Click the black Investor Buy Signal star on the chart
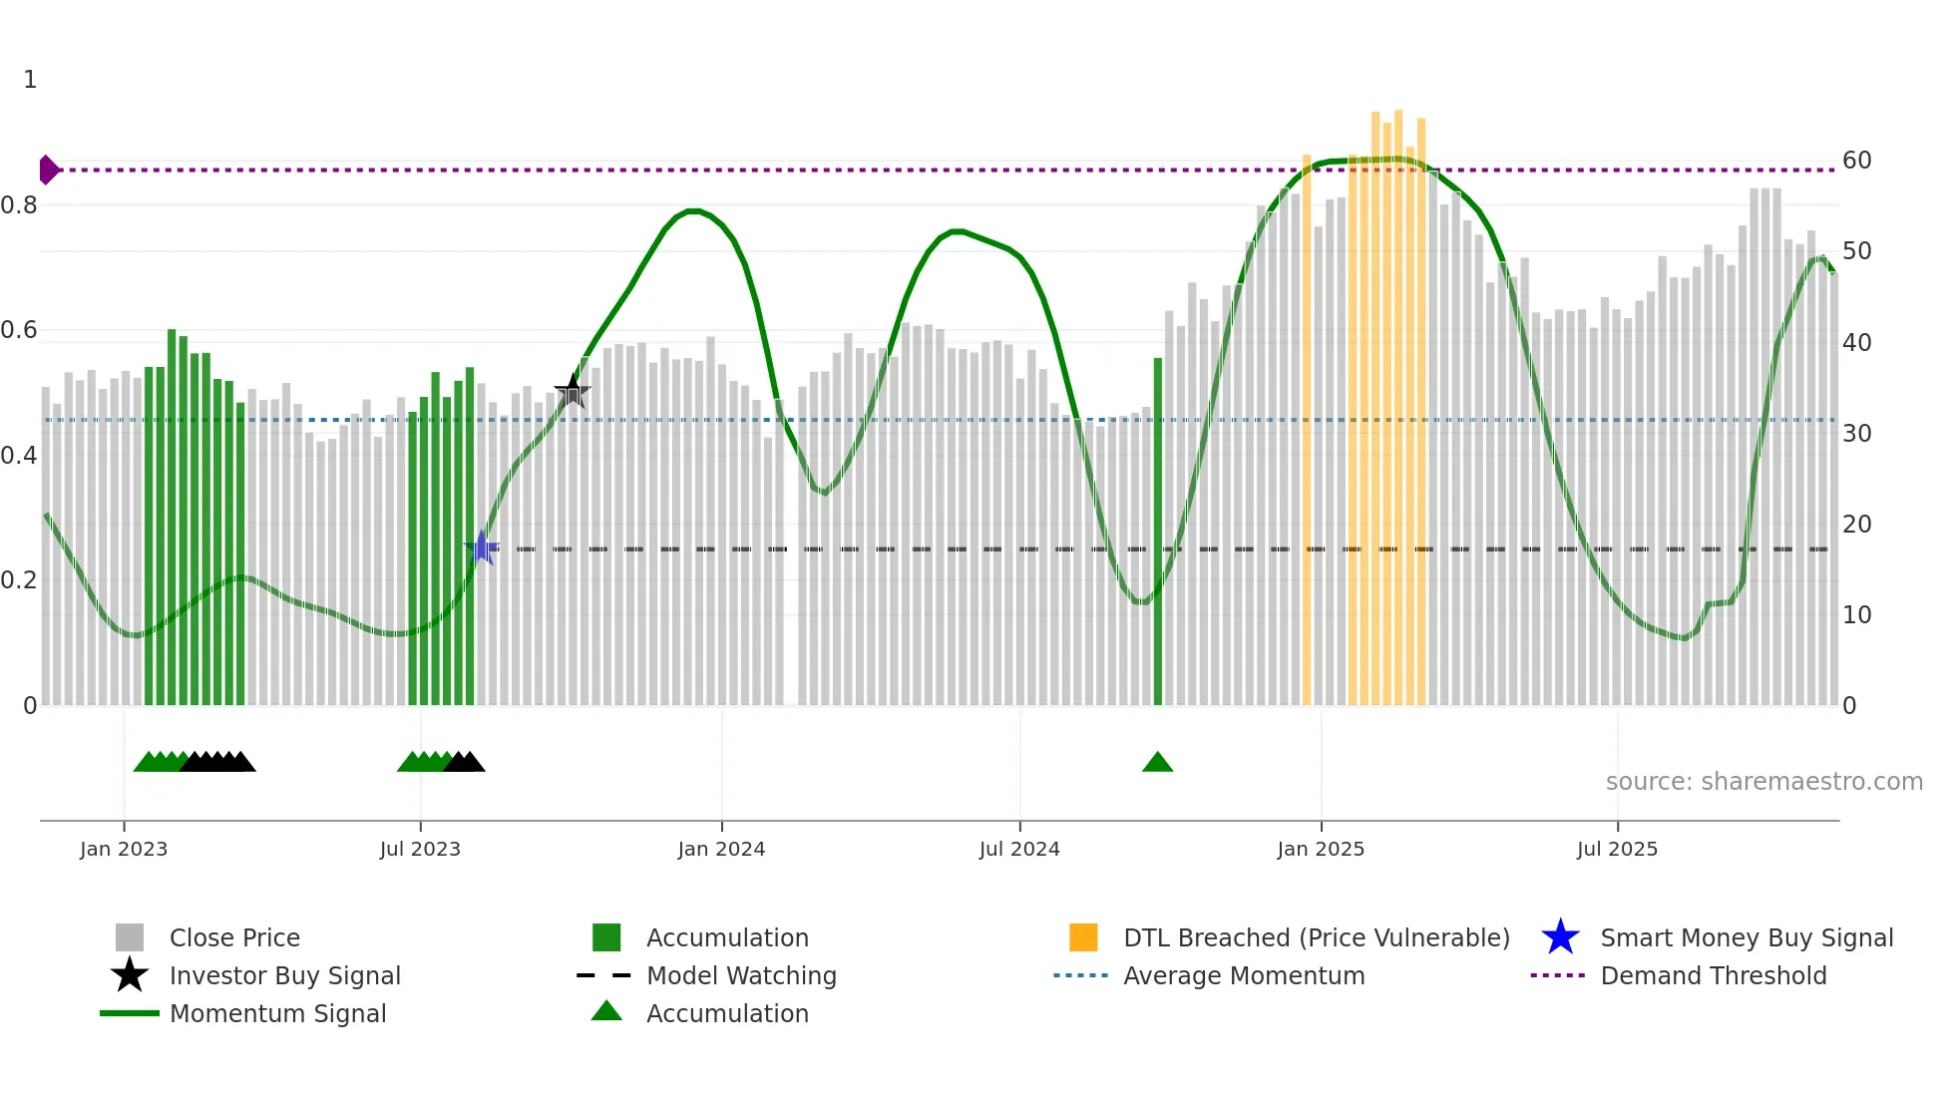point(573,391)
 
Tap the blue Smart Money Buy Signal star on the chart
point(482,548)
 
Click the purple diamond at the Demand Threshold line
point(48,170)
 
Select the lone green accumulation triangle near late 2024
point(1157,763)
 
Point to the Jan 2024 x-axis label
point(721,849)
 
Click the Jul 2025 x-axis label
point(1617,849)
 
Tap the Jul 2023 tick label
point(420,849)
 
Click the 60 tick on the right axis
point(1856,161)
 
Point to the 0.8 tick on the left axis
point(19,205)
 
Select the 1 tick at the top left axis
point(30,80)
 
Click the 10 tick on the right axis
point(1856,615)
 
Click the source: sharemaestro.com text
point(1763,782)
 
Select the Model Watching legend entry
point(741,975)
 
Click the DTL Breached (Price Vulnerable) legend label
point(1316,937)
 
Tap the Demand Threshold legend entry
point(1713,975)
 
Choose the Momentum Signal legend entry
point(277,1013)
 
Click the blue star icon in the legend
point(1560,937)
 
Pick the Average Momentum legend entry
point(1243,975)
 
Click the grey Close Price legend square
point(130,937)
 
